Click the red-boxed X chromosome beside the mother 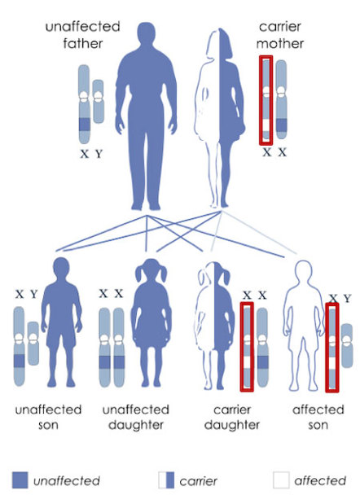pyautogui.click(x=266, y=100)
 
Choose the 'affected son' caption pyautogui.click(x=310, y=416)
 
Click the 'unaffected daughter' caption pyautogui.click(x=137, y=416)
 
